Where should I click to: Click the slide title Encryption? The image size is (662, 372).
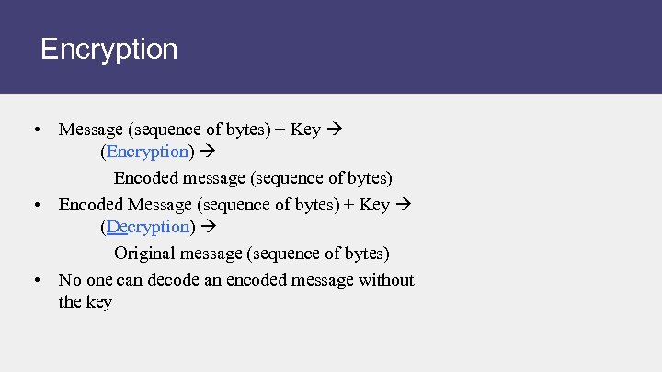pos(109,49)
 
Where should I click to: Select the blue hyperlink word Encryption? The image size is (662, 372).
pos(148,151)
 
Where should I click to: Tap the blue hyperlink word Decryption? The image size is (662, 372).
pos(148,226)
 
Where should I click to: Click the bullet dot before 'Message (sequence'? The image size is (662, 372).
pos(34,130)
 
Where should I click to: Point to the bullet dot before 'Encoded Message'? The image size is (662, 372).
pos(34,205)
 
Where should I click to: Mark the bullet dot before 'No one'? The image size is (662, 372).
pos(34,280)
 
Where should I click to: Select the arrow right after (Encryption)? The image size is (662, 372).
pos(207,151)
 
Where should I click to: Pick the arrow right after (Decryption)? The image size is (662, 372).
pos(207,226)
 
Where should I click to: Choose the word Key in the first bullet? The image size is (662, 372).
pos(305,130)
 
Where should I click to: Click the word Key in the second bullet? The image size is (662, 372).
pos(373,205)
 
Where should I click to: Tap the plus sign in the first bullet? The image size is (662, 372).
pos(280,130)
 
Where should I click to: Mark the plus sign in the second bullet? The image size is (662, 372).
pos(349,205)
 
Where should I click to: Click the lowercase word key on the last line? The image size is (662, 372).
pos(98,302)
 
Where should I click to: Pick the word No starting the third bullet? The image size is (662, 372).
pos(69,280)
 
